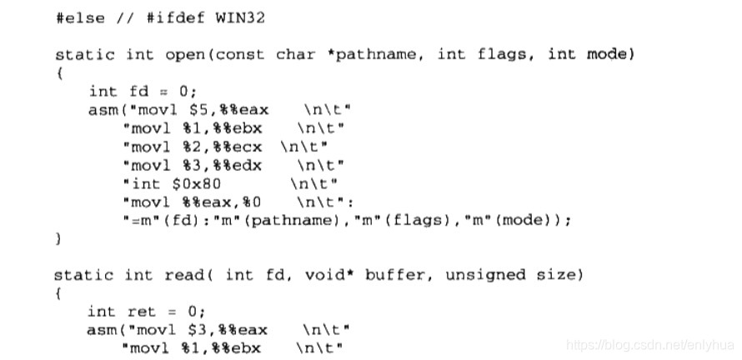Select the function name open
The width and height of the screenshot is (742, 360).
[188, 55]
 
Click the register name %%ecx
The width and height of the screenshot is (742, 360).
[247, 147]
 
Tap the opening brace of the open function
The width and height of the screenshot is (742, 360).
[59, 73]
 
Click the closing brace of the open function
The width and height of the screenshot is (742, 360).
[59, 238]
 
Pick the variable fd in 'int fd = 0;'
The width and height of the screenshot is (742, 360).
[138, 92]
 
